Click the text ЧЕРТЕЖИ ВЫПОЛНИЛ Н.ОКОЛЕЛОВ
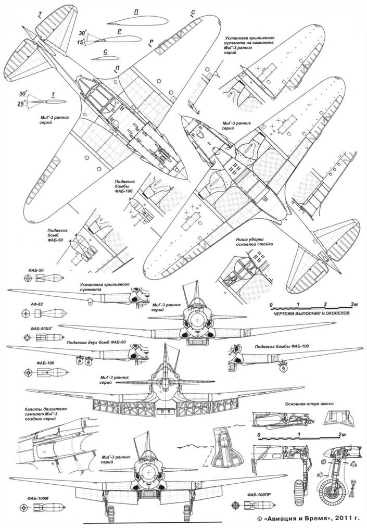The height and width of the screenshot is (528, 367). (x=315, y=315)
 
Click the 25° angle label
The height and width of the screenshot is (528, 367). (x=22, y=104)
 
